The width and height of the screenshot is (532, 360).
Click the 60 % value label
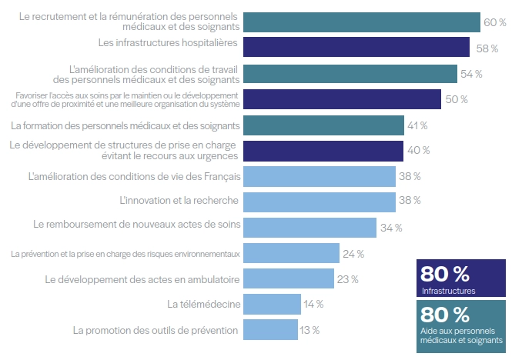coord(494,22)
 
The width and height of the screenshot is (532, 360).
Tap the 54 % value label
coord(471,74)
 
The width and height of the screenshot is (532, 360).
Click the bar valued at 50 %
coord(342,99)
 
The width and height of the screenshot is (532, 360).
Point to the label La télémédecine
coord(203,305)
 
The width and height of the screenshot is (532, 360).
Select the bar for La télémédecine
coord(272,305)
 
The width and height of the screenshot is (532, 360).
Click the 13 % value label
coord(309,330)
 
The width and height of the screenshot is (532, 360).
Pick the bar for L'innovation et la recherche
coord(320,202)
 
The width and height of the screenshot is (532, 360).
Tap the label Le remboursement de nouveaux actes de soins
coord(137,227)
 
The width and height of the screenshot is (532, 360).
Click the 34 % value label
coord(391,228)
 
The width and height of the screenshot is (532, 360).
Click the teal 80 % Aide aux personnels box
coord(460,322)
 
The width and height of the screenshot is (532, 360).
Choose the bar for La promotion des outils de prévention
coord(270,330)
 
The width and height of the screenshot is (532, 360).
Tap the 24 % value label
coord(354,253)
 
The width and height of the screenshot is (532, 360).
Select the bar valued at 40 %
coord(323,150)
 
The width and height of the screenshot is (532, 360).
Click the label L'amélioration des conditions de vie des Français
coord(134,176)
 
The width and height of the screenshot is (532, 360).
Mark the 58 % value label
coord(486,48)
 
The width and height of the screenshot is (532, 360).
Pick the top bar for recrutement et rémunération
coord(361,22)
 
